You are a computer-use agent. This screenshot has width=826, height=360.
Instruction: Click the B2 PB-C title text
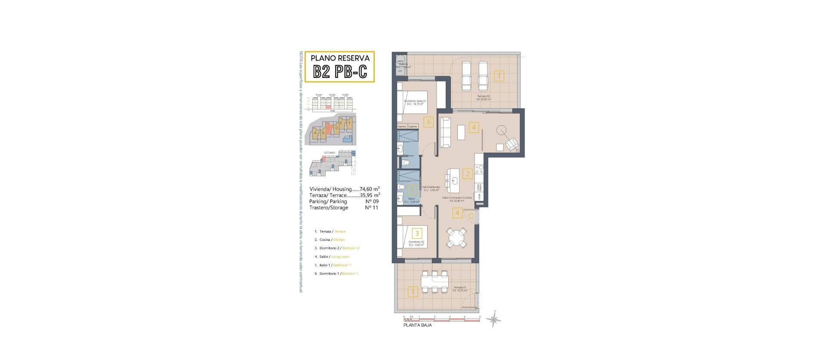[x=340, y=71]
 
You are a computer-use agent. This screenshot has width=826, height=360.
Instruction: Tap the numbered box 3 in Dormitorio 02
[x=416, y=234]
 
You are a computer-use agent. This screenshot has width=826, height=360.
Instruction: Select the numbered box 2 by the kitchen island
[x=467, y=174]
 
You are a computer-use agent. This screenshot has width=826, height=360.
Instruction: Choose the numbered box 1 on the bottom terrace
[x=413, y=292]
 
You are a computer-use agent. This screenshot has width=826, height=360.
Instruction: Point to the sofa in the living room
[x=445, y=132]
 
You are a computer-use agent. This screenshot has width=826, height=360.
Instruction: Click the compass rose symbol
[x=494, y=319]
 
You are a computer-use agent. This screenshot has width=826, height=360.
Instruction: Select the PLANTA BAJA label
[x=417, y=325]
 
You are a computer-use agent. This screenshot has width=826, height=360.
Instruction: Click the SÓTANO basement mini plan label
[x=329, y=153]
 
